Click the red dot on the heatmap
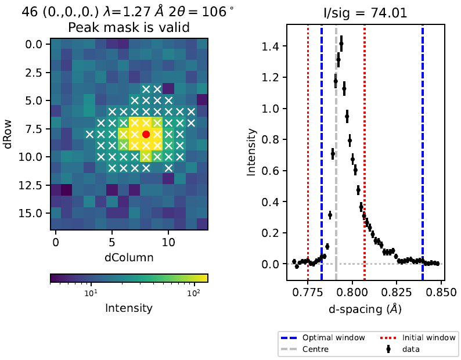tap(146, 134)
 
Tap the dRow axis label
tap(9, 134)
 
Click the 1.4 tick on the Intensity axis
tap(273, 46)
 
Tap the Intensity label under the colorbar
tap(129, 308)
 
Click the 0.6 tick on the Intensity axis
tap(273, 171)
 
